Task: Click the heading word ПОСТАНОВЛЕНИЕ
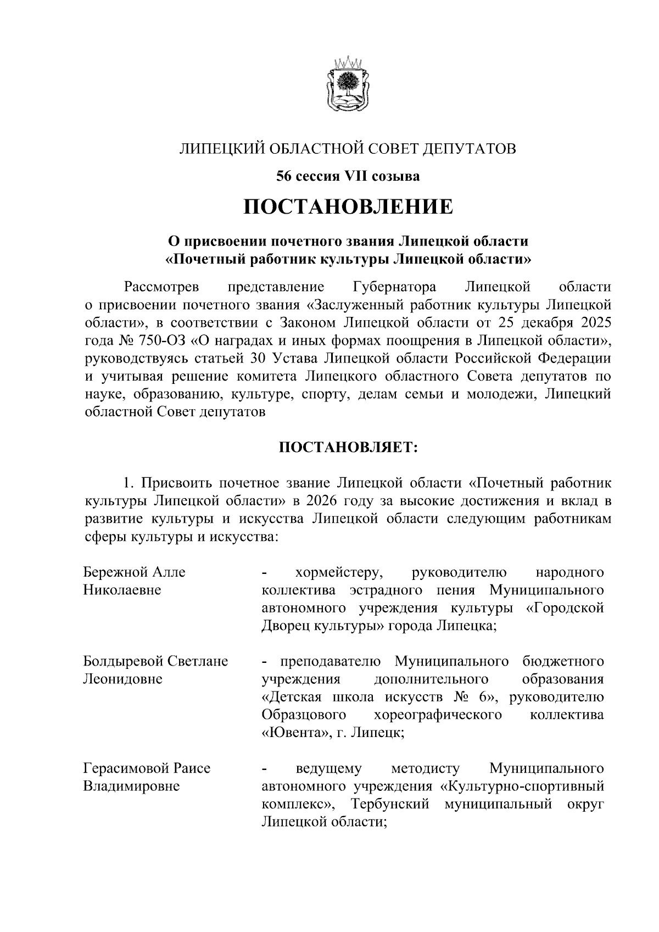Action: (x=348, y=207)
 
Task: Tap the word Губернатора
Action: (x=394, y=287)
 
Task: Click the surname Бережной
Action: (x=114, y=572)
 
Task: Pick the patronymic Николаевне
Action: (x=122, y=590)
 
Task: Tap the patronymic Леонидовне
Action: (x=122, y=679)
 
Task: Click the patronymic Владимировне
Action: (x=131, y=786)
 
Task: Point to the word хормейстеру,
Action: (x=339, y=572)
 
